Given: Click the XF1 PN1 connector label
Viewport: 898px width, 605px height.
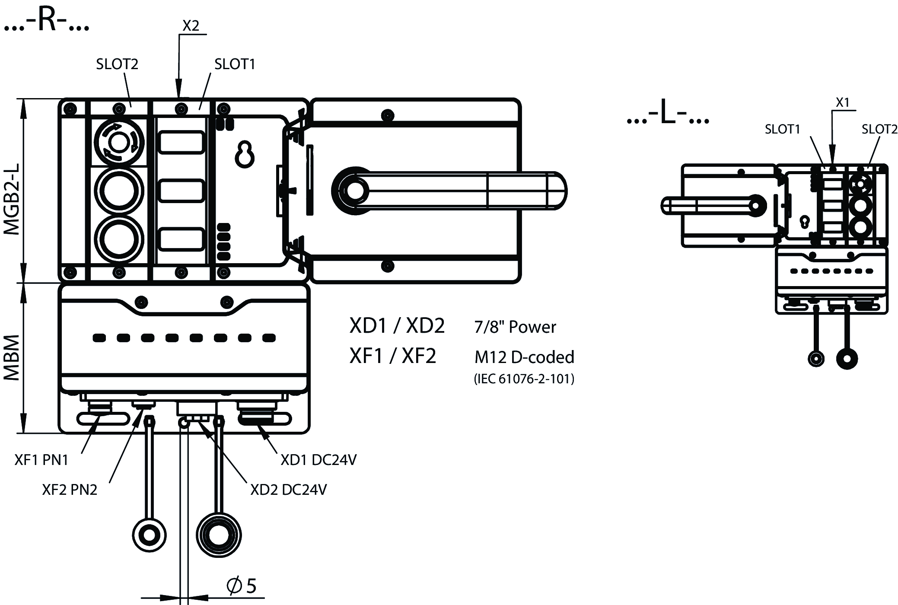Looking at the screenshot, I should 41,460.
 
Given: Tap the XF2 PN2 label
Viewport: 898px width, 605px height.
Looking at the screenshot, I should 70,490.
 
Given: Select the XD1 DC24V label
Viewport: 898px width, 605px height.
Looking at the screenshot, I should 318,460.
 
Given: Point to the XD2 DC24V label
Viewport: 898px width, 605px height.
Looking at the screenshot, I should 288,490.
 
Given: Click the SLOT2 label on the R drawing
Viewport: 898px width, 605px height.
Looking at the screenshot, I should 117,64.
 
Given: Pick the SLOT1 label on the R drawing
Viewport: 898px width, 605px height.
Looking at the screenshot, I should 235,64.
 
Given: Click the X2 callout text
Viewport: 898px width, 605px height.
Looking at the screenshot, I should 191,26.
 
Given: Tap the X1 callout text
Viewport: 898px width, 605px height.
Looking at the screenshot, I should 842,102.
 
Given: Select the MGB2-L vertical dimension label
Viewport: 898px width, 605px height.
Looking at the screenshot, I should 12,198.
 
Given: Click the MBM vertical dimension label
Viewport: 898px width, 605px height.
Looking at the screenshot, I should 12,357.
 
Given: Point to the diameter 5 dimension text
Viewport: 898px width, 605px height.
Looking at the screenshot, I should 242,586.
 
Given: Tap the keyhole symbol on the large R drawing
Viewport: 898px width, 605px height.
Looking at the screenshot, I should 245,154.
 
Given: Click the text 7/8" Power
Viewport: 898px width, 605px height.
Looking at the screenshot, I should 515,327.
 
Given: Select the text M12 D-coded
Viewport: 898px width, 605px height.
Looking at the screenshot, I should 524,357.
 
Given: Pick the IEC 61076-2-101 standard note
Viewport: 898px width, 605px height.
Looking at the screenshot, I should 524,379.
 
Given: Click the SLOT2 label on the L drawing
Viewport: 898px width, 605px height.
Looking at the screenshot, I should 879,129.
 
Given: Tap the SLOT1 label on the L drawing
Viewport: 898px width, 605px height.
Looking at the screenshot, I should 782,129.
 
